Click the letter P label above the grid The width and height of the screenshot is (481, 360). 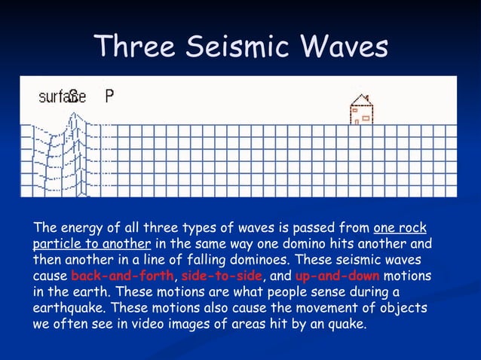(109, 96)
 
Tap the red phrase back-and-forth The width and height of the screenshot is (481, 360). (122, 276)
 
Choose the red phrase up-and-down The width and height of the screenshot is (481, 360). (337, 276)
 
